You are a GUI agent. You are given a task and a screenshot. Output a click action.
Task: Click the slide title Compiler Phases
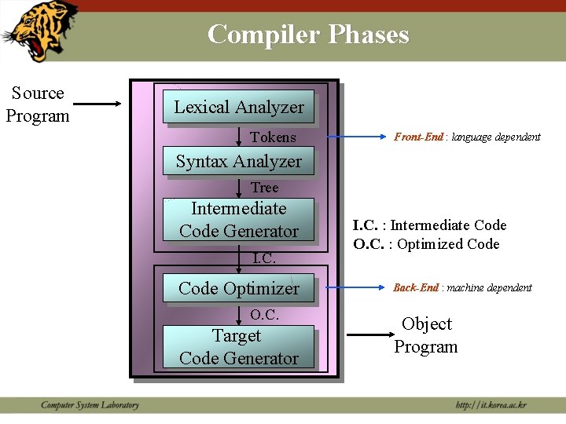[x=308, y=35]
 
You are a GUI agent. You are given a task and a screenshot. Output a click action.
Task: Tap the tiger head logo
[x=39, y=31]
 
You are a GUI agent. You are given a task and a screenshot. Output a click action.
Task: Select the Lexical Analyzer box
[x=238, y=107]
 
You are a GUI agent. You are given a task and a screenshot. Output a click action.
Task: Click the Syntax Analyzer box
[x=238, y=161]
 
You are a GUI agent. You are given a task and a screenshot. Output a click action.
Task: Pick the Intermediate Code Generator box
[x=238, y=220]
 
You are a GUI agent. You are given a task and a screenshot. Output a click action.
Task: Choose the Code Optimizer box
[x=238, y=288]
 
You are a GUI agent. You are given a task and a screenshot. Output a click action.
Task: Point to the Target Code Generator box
[x=238, y=347]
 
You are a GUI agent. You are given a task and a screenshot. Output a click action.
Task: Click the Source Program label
[x=38, y=104]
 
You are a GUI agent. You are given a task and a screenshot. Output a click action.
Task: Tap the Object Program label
[x=426, y=335]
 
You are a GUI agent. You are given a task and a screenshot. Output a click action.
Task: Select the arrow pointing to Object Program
[x=372, y=334]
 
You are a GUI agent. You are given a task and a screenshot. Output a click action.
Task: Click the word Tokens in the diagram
[x=273, y=137]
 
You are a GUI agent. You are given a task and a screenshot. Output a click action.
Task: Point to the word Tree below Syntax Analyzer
[x=264, y=188]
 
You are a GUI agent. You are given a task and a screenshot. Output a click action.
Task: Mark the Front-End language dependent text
[x=467, y=137]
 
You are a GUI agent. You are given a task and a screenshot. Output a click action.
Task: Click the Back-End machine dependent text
[x=462, y=287]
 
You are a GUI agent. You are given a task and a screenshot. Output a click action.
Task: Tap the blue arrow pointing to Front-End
[x=358, y=137]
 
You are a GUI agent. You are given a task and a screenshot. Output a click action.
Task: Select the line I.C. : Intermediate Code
[x=430, y=225]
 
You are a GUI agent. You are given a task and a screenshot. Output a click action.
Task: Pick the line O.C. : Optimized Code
[x=426, y=244]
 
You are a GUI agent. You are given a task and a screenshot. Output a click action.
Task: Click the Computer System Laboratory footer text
[x=90, y=405]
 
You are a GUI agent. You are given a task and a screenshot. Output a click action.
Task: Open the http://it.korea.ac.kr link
[x=491, y=405]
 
